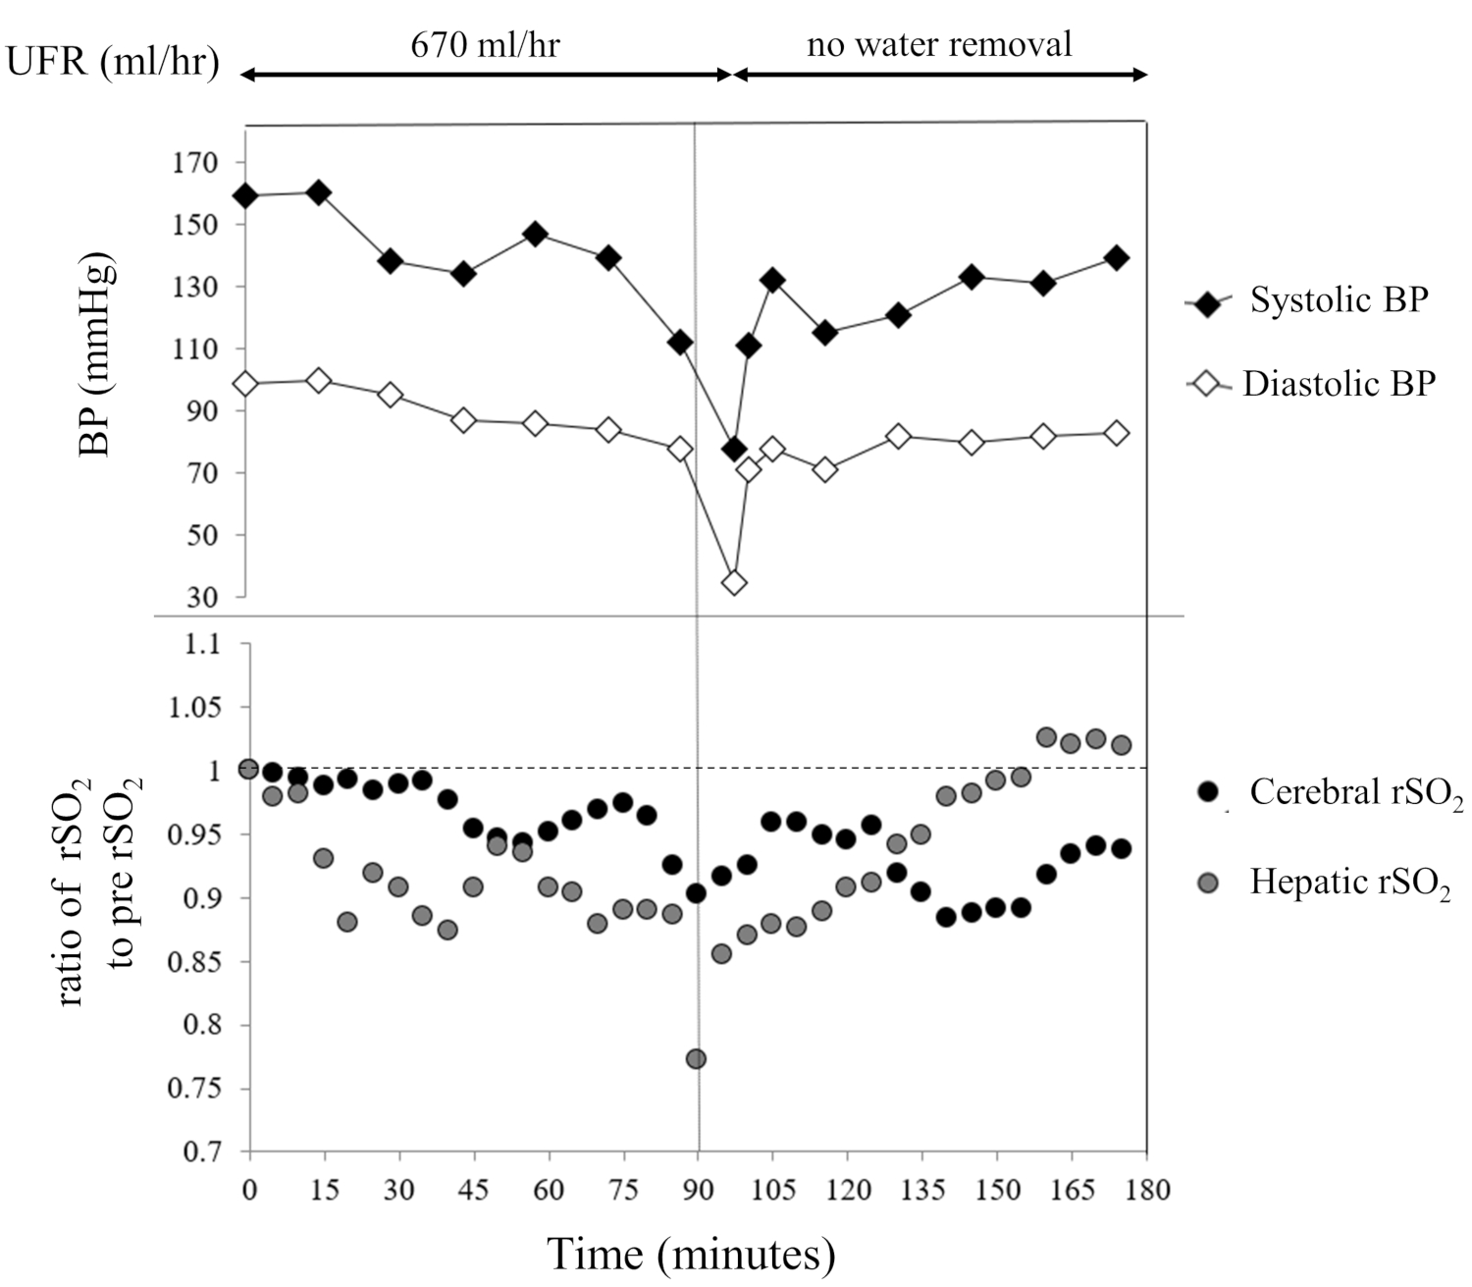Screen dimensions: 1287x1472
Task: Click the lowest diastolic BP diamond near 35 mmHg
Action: pos(734,583)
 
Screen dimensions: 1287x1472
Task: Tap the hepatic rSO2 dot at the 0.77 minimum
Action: pos(697,1058)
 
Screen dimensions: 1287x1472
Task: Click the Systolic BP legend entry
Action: pos(1338,300)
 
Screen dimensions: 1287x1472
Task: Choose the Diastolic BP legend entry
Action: pos(1339,384)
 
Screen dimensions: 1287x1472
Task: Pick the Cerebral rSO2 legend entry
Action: pos(1356,792)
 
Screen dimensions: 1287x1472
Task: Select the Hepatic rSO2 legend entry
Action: pos(1349,882)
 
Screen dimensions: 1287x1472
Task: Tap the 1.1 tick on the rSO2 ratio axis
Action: pos(204,645)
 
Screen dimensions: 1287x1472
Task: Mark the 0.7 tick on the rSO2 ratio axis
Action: pos(204,1151)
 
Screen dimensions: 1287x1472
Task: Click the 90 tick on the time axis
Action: pos(698,1190)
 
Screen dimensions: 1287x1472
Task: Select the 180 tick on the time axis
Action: pos(1147,1190)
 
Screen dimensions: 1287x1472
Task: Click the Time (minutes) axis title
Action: pos(691,1255)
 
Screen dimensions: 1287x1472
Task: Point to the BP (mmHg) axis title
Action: pos(95,355)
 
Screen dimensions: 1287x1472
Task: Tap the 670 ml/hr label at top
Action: pos(485,45)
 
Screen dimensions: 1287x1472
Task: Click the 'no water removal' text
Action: pos(939,44)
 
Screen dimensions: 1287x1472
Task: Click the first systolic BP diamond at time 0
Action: pos(245,196)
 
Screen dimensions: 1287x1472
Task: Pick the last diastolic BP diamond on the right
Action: pos(1117,434)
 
